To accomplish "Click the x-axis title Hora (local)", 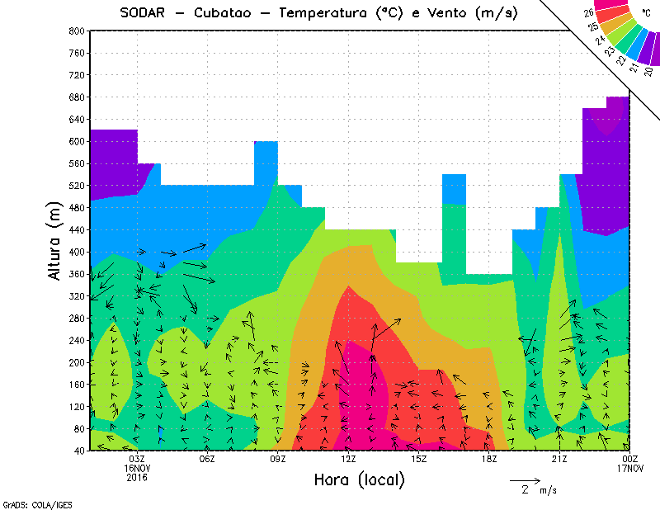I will pyautogui.click(x=359, y=479).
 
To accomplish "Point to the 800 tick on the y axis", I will pyautogui.click(x=76, y=31).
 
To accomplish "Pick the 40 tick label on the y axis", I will pyautogui.click(x=79, y=451).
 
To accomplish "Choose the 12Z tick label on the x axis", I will pyautogui.click(x=348, y=459).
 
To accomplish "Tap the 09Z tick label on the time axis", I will pyautogui.click(x=278, y=459).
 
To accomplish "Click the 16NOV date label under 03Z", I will pyautogui.click(x=137, y=468).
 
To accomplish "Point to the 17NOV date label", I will pyautogui.click(x=629, y=468).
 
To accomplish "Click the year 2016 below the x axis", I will pyautogui.click(x=137, y=477).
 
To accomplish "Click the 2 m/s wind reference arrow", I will pyautogui.click(x=525, y=479).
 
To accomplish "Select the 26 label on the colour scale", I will pyautogui.click(x=588, y=13).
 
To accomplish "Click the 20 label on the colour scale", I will pyautogui.click(x=648, y=72).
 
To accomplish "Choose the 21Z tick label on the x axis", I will pyautogui.click(x=559, y=459).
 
